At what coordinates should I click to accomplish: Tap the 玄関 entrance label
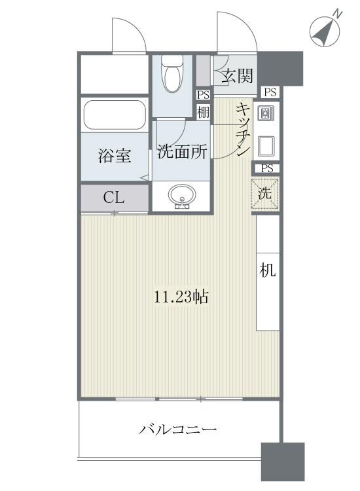tap(236, 76)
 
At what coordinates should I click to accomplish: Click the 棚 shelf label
tap(204, 111)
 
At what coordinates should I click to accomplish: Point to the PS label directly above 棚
tap(204, 94)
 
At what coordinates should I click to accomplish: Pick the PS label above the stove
tap(270, 92)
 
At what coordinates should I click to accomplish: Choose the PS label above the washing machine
tap(266, 168)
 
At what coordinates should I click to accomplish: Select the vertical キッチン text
tap(242, 130)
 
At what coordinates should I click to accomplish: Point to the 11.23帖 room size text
tap(181, 297)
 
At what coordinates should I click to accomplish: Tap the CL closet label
tap(114, 198)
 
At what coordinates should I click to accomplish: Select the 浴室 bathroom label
tap(115, 156)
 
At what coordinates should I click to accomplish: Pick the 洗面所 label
tap(183, 152)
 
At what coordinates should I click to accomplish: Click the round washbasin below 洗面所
tap(181, 195)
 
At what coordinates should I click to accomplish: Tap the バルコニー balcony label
tap(177, 430)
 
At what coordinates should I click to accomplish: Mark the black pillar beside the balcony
tap(283, 462)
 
